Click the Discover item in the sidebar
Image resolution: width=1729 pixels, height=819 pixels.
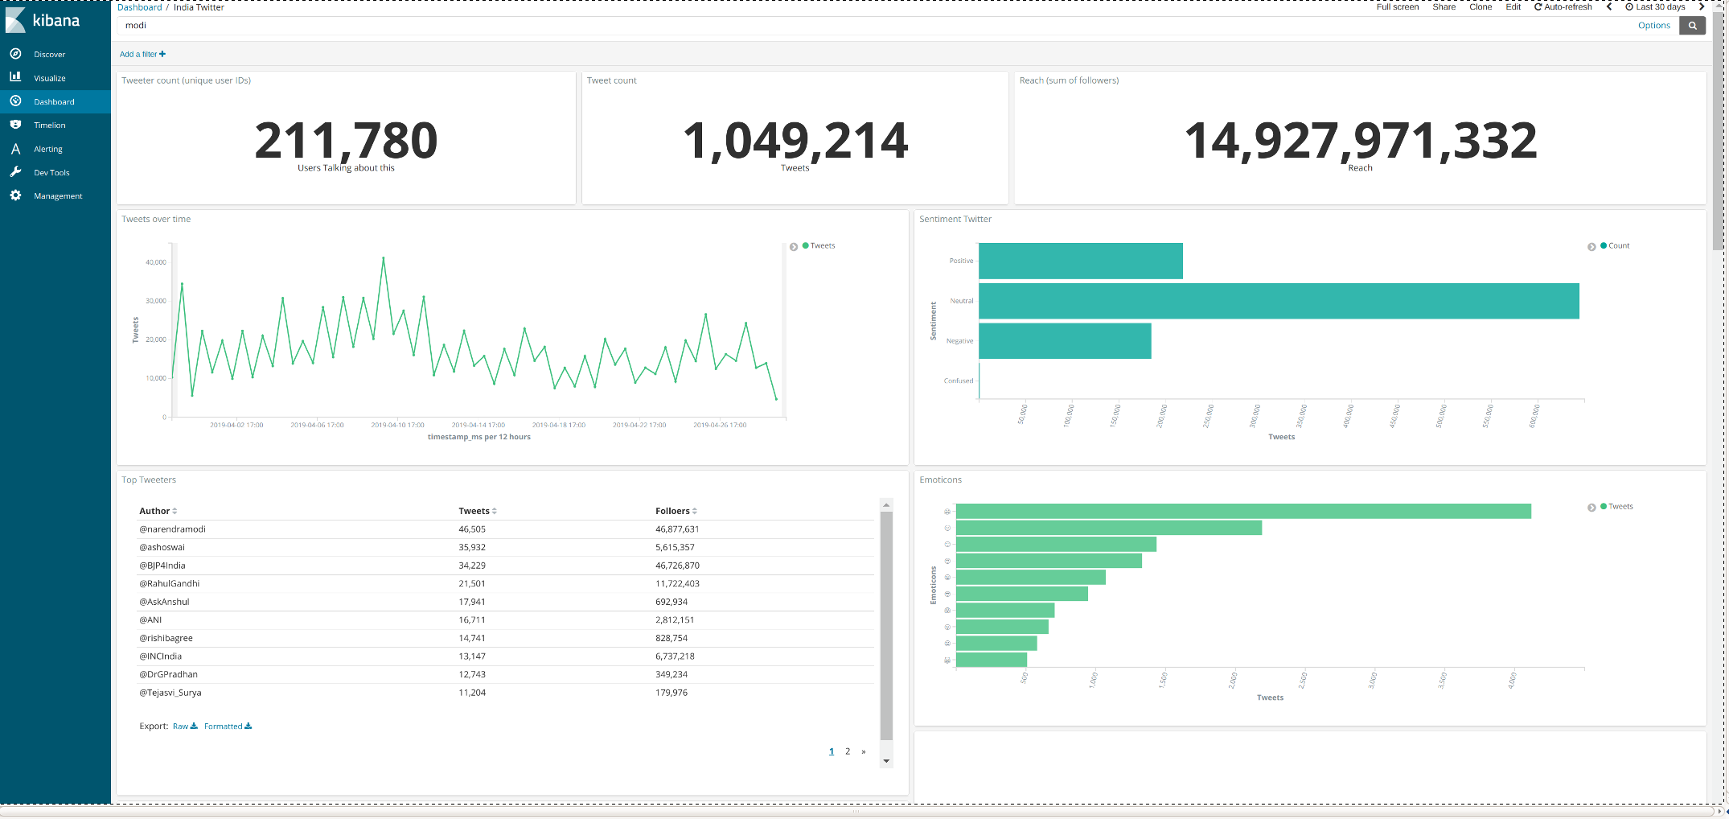[49, 55]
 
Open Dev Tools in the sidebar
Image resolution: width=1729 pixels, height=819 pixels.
[51, 173]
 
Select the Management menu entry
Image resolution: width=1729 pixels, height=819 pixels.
[58, 196]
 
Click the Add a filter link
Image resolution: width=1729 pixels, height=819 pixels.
[142, 55]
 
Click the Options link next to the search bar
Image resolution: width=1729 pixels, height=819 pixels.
[1653, 26]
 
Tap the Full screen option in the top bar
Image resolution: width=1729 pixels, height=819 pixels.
[1397, 7]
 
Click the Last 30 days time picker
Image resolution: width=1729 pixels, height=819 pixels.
[1659, 7]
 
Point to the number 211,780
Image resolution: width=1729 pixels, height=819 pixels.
[346, 141]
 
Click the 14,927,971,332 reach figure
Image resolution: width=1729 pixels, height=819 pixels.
[1360, 141]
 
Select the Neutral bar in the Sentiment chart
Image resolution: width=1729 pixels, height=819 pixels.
[1279, 301]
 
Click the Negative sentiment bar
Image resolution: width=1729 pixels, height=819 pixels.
[1065, 341]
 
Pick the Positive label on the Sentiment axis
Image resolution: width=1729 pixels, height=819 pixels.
[961, 261]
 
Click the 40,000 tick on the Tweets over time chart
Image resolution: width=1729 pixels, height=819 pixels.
[155, 262]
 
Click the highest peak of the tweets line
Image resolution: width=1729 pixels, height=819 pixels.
[384, 258]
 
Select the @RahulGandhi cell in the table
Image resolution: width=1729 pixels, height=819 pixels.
[170, 584]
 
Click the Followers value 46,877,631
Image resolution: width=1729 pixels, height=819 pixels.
[677, 529]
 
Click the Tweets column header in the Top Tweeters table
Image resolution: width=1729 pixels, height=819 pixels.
[474, 512]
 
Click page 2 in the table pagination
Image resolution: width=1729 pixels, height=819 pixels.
[848, 751]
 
